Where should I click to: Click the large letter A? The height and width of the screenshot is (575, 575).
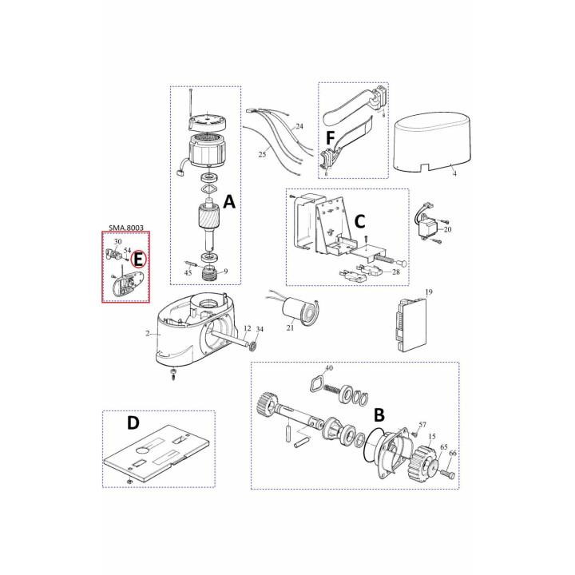tap(229, 202)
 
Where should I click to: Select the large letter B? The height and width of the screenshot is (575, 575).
tap(379, 414)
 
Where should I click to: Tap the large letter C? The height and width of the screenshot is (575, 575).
tap(359, 221)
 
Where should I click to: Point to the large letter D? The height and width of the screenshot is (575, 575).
tap(133, 422)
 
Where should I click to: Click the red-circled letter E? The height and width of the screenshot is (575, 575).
tap(138, 260)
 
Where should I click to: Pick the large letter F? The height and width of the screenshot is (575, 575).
tap(331, 139)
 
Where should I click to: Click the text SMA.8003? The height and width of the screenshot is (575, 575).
tap(126, 228)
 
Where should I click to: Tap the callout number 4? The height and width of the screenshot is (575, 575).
tap(454, 174)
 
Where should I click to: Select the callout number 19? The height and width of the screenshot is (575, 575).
tap(429, 292)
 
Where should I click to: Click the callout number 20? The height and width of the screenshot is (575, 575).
tap(447, 229)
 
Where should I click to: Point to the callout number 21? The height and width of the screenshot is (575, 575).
tap(290, 327)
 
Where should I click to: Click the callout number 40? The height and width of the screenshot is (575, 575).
tap(329, 368)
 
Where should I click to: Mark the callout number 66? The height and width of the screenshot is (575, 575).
tap(453, 454)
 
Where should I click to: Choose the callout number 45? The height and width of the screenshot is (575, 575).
tap(188, 273)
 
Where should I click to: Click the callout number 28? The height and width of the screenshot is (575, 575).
tap(395, 272)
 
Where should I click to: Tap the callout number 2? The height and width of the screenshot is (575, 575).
tap(148, 334)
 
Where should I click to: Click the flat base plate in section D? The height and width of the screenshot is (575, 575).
tap(158, 454)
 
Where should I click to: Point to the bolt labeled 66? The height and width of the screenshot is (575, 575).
tap(448, 474)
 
